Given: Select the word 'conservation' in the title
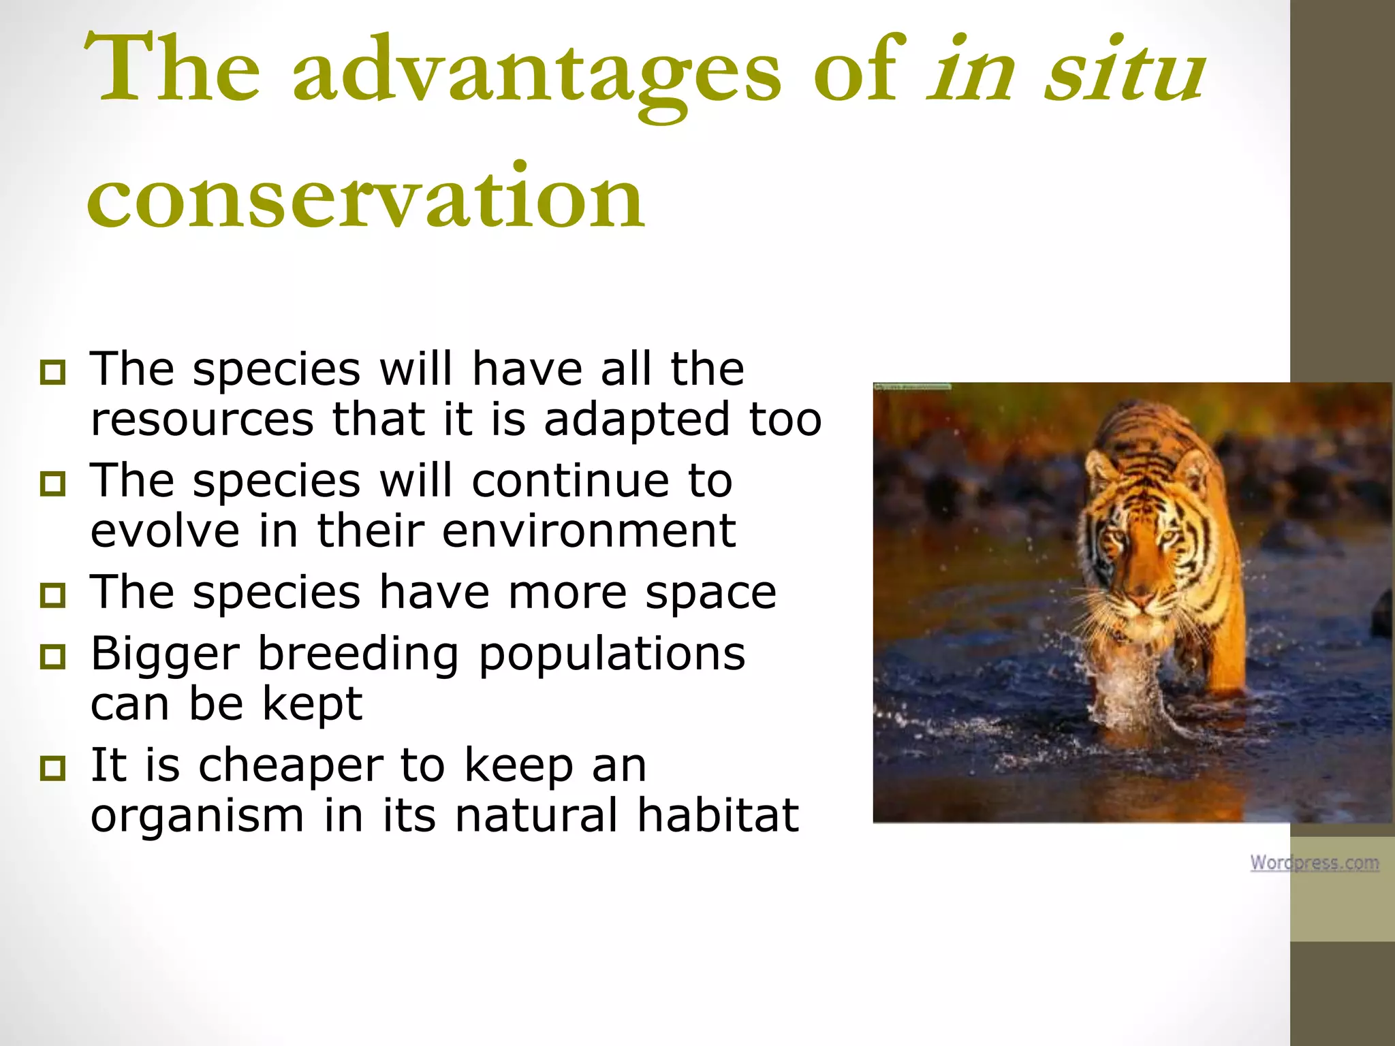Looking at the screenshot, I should click(365, 197).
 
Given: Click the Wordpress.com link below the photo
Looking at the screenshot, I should click(1314, 862).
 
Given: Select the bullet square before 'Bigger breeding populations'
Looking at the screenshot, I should click(52, 656).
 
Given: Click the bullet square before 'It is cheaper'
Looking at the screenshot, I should click(52, 768).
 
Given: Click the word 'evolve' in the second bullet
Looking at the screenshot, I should click(165, 530).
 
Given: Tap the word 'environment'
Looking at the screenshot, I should click(589, 530).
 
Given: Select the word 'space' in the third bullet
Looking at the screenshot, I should click(710, 592).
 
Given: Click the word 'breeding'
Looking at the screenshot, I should click(358, 654).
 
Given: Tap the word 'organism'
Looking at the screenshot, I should click(197, 815).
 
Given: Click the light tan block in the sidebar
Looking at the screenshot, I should click(1342, 889).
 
